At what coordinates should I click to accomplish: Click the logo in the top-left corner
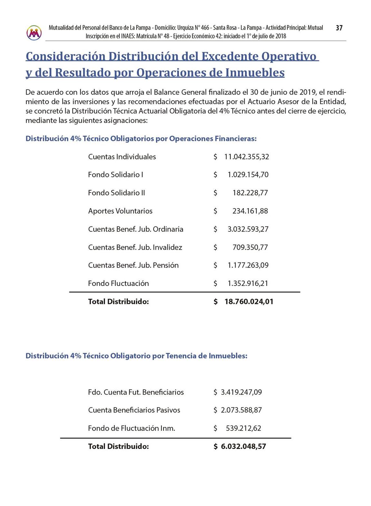tap(34, 33)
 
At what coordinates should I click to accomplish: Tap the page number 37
tap(339, 28)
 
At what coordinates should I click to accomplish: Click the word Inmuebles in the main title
tap(255, 73)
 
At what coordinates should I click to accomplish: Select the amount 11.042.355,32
tap(246, 157)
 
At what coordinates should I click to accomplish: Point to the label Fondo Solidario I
tap(115, 175)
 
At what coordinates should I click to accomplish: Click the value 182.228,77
tap(250, 193)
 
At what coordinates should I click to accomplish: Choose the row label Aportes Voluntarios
tap(120, 211)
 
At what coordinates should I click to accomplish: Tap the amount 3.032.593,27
tap(248, 229)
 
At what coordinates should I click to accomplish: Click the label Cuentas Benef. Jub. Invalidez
tap(135, 248)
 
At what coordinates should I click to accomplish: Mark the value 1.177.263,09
tap(248, 265)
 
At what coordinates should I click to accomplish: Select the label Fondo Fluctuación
tap(118, 284)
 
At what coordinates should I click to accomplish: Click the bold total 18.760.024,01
tap(249, 302)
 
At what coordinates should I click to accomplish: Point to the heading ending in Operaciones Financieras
tap(141, 139)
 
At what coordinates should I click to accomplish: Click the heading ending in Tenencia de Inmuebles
tap(136, 356)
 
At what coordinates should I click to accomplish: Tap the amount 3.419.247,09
tap(241, 392)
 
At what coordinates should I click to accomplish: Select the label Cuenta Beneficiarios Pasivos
tap(134, 410)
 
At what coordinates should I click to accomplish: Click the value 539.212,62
tap(243, 428)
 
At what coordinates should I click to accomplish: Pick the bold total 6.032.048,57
tap(243, 446)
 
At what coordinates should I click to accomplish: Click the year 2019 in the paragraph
tap(308, 92)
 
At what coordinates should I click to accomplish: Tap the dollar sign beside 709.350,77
tap(215, 248)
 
